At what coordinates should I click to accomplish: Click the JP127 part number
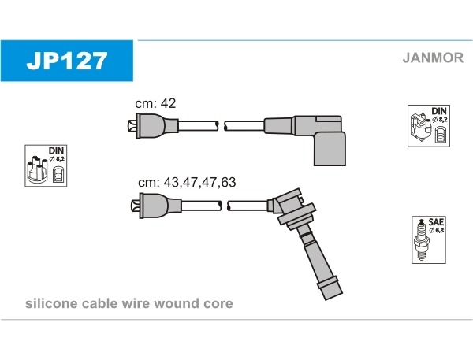tap(67, 61)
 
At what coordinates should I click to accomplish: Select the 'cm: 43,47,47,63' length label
tap(187, 182)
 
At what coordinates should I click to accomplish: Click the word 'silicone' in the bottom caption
tap(50, 303)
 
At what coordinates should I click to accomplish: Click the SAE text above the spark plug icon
tap(434, 223)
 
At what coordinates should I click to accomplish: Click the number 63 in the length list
tap(228, 182)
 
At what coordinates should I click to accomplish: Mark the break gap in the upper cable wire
tap(222, 125)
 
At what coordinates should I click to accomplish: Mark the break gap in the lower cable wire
tap(224, 206)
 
